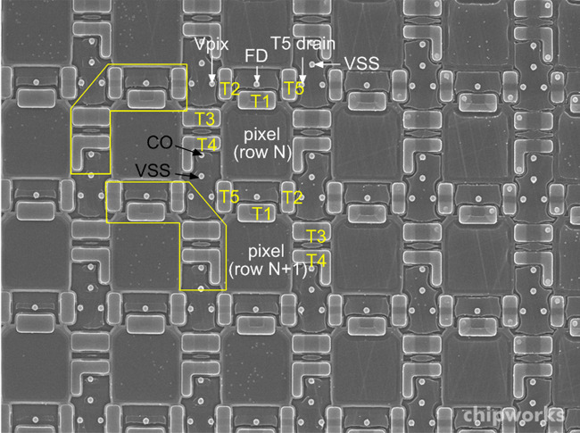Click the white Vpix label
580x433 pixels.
(211, 45)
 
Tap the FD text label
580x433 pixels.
(256, 56)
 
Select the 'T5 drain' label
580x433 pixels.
(303, 43)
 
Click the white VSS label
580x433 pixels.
(361, 63)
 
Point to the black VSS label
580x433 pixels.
(153, 171)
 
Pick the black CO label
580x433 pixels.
(160, 142)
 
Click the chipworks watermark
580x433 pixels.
(514, 415)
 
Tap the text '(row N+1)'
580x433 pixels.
(268, 269)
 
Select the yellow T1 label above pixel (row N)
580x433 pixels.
(261, 101)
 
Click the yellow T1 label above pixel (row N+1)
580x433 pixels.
(261, 213)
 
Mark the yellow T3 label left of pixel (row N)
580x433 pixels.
(204, 119)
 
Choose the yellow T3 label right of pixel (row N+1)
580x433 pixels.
(316, 236)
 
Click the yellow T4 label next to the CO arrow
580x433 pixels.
(207, 145)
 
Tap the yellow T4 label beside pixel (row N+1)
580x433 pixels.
(316, 260)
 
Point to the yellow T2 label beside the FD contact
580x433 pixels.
(229, 88)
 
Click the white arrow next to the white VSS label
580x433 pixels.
(327, 64)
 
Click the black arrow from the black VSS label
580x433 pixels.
(187, 175)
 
